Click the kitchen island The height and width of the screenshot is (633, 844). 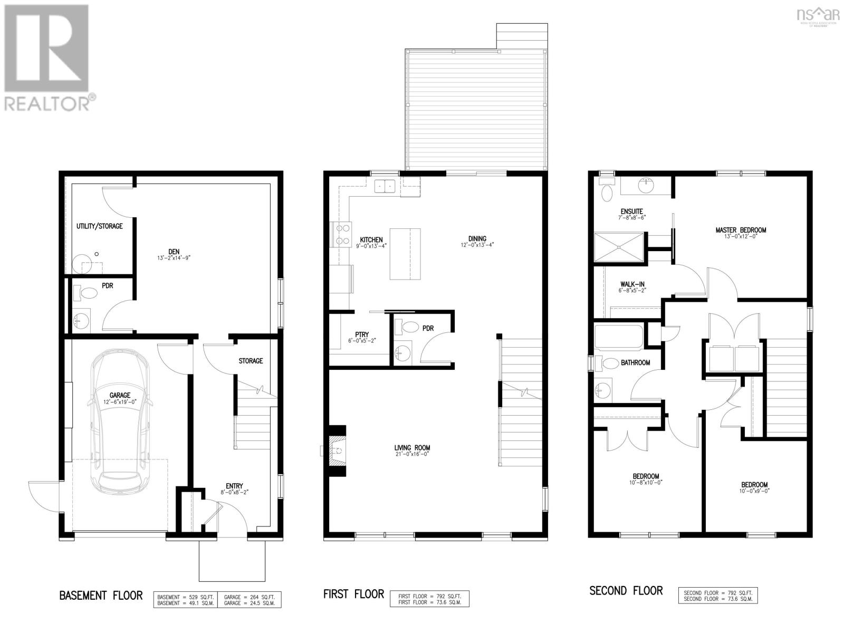[x=405, y=254]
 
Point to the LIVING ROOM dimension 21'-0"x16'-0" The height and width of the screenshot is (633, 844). [x=409, y=454]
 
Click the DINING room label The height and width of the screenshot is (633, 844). [x=476, y=238]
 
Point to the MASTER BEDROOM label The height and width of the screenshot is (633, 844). [x=741, y=230]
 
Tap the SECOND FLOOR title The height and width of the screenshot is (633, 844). [x=626, y=591]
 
